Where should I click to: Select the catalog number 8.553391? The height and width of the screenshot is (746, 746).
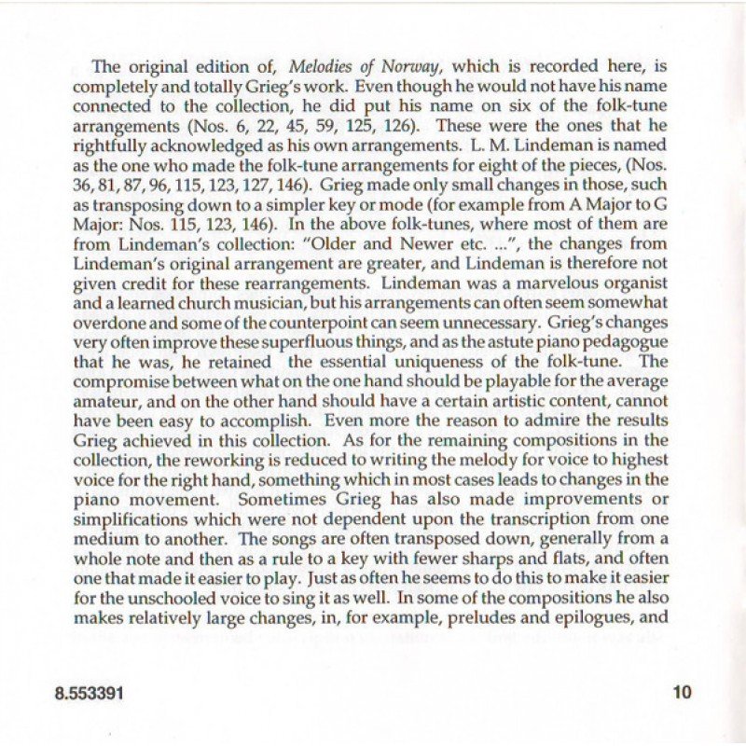pyautogui.click(x=90, y=694)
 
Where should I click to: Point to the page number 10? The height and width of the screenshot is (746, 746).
pyautogui.click(x=682, y=693)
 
